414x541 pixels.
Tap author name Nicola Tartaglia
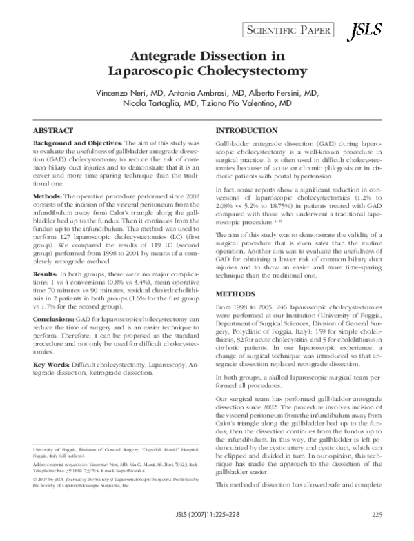[x=159, y=104]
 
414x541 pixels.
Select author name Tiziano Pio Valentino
[x=239, y=104]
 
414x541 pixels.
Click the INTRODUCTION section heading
[x=248, y=130]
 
